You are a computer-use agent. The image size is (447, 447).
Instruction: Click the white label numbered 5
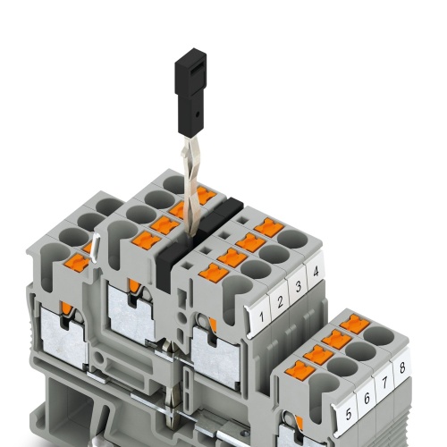[x=346, y=415]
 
